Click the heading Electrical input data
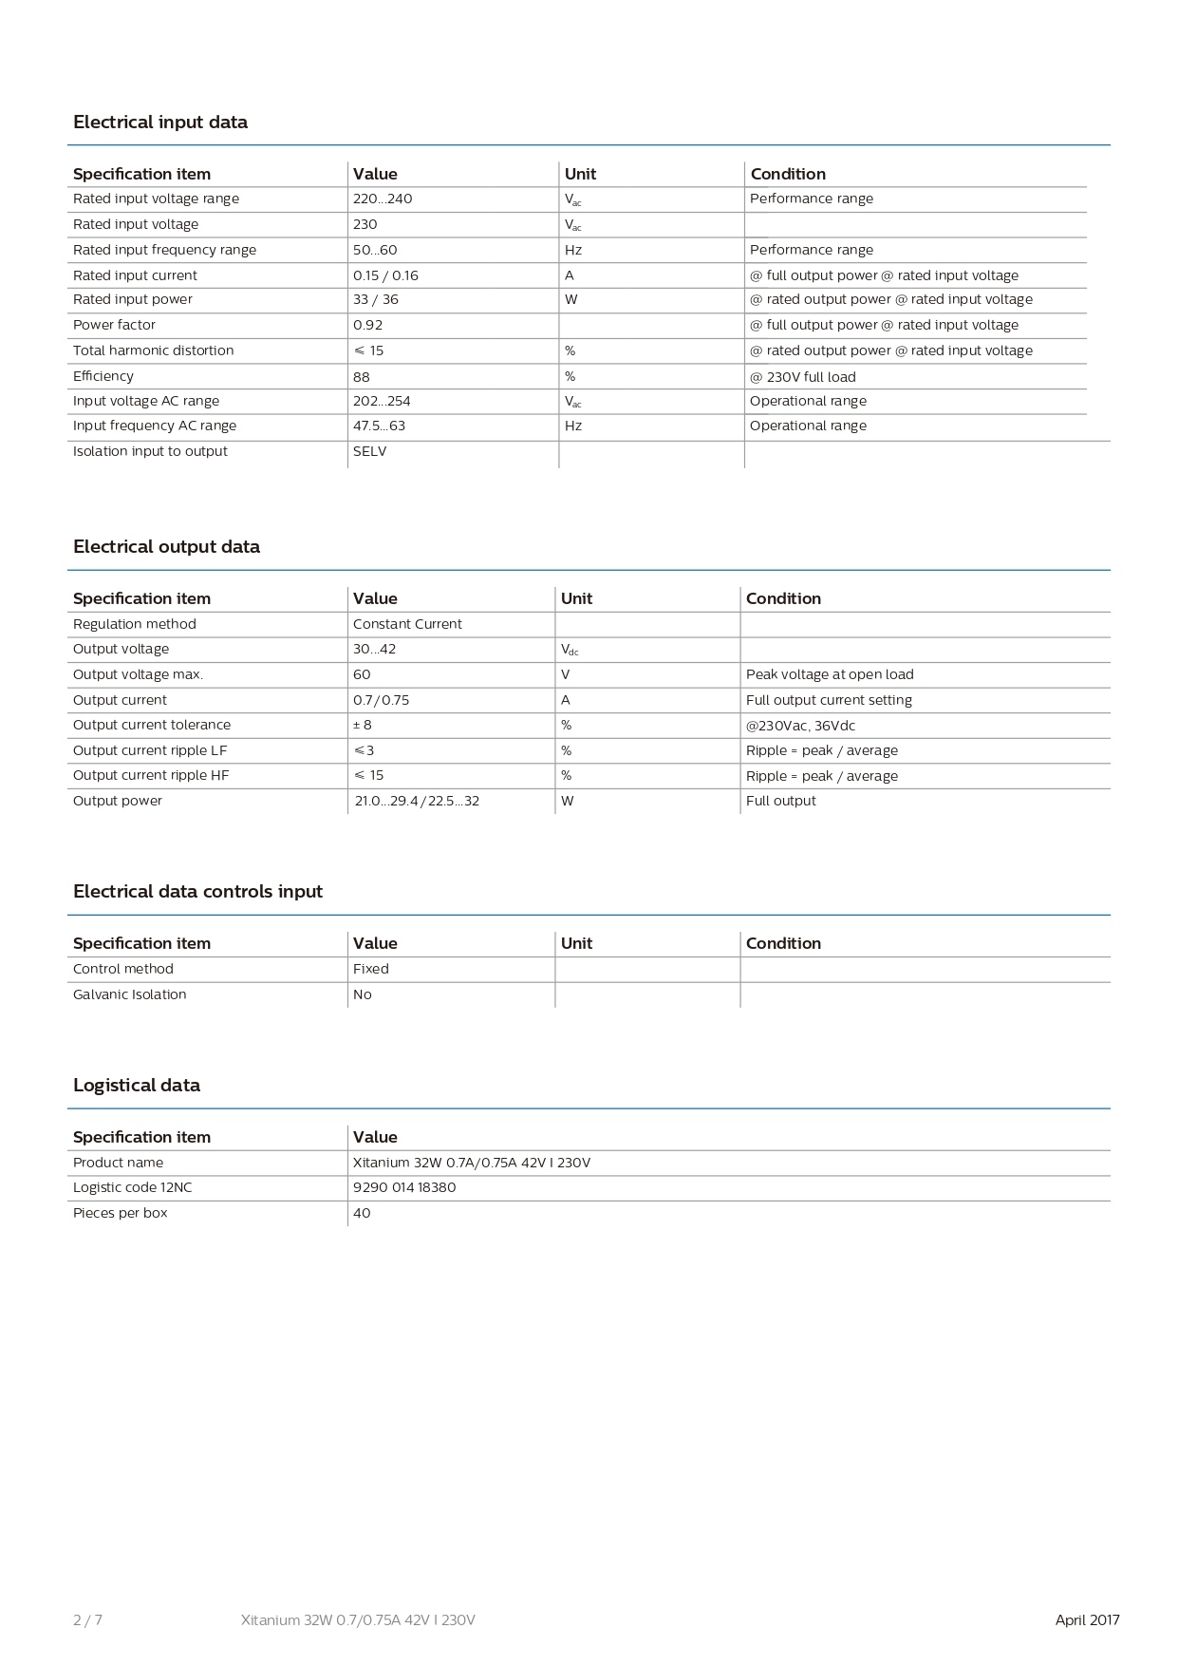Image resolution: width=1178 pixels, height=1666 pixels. click(160, 123)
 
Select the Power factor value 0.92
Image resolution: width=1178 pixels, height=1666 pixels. click(368, 325)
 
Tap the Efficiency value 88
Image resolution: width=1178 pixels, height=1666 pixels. click(362, 376)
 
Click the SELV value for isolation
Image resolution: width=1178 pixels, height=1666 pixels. click(370, 451)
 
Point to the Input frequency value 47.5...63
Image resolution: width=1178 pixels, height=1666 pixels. click(379, 426)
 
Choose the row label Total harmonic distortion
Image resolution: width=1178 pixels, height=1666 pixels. click(154, 350)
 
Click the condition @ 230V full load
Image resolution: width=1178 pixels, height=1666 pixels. click(803, 376)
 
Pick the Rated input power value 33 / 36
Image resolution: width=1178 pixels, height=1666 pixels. click(376, 299)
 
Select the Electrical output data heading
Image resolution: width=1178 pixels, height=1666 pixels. click(166, 547)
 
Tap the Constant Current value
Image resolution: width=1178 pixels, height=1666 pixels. click(407, 624)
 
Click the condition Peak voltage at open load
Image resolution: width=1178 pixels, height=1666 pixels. click(830, 674)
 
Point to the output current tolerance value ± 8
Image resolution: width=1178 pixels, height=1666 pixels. click(363, 725)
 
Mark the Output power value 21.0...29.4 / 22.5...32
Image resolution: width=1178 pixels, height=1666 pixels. click(417, 801)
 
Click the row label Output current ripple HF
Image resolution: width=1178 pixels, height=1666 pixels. click(151, 775)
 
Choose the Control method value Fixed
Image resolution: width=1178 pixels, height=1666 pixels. click(371, 969)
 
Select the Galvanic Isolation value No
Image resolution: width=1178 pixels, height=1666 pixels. click(363, 994)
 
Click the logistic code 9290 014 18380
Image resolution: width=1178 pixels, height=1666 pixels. click(404, 1187)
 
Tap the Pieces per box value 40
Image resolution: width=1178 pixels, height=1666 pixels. click(362, 1213)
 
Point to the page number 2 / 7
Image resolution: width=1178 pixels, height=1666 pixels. click(87, 1620)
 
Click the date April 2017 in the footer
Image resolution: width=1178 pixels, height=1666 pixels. click(1088, 1620)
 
